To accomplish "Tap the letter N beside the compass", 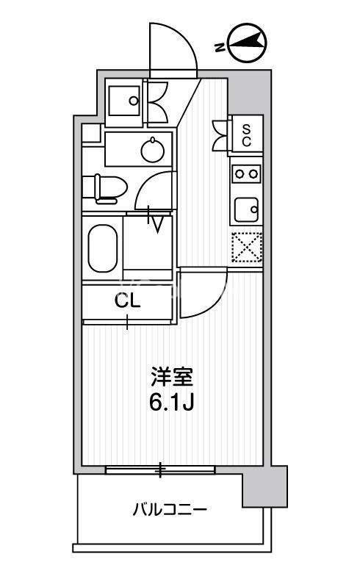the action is (220, 48).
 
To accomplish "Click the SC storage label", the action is (247, 135).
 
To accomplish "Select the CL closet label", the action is (128, 301).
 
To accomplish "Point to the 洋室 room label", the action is (172, 376).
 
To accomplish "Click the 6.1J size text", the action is (172, 403).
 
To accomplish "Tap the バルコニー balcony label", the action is (170, 510).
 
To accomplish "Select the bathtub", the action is (103, 248).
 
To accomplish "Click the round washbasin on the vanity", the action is (153, 149).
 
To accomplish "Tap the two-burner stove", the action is (246, 173).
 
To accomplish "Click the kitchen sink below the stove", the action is (247, 210).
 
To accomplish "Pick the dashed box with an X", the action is (247, 247).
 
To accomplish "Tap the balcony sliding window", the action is (160, 469).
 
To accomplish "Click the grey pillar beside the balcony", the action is (264, 486).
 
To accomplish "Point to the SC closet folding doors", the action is (220, 135).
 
